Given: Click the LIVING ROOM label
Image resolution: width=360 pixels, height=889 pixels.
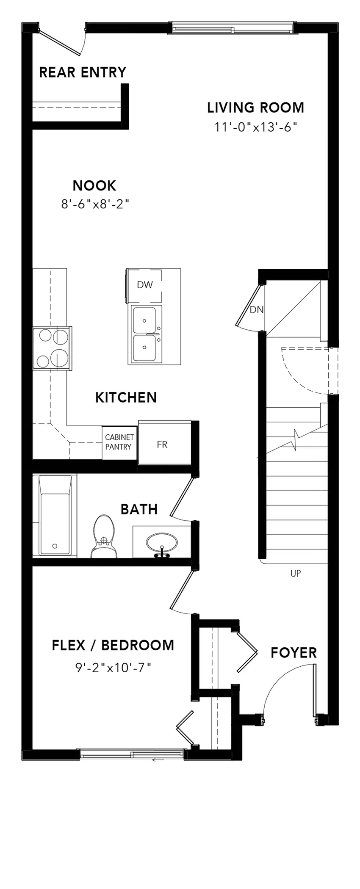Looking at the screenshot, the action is pyautogui.click(x=255, y=108).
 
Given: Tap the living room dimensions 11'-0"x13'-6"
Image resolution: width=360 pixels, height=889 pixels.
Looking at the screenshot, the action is pyautogui.click(x=255, y=127).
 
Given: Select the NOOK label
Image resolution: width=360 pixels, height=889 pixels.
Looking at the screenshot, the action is pyautogui.click(x=94, y=185).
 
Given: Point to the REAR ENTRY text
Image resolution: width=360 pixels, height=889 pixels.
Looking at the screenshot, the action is pyautogui.click(x=83, y=72).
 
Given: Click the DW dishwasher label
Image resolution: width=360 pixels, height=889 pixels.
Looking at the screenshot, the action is pyautogui.click(x=144, y=285).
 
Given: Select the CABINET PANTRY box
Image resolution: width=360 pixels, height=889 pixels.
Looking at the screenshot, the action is pyautogui.click(x=119, y=442).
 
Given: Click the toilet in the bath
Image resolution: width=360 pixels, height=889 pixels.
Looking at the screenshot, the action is pyautogui.click(x=104, y=536).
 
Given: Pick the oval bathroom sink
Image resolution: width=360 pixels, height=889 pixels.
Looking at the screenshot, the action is pyautogui.click(x=162, y=543).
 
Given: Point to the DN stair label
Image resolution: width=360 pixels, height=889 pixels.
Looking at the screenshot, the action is pyautogui.click(x=257, y=309).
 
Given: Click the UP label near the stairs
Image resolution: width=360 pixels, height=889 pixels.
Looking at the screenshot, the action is pyautogui.click(x=296, y=574).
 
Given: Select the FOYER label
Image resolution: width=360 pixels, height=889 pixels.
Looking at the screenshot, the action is pyautogui.click(x=294, y=653).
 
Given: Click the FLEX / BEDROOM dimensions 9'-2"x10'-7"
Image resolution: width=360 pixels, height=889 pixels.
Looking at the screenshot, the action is pyautogui.click(x=113, y=668).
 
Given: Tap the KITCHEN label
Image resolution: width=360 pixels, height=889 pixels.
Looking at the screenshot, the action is pyautogui.click(x=126, y=398).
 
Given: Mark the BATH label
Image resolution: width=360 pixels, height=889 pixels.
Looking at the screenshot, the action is pyautogui.click(x=139, y=509).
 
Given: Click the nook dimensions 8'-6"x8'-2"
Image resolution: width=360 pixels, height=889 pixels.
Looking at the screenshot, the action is pyautogui.click(x=95, y=204).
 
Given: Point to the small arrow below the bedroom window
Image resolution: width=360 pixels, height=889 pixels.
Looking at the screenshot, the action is pyautogui.click(x=158, y=760).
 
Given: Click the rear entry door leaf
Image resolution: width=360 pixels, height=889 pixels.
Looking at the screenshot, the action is pyautogui.click(x=59, y=41).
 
